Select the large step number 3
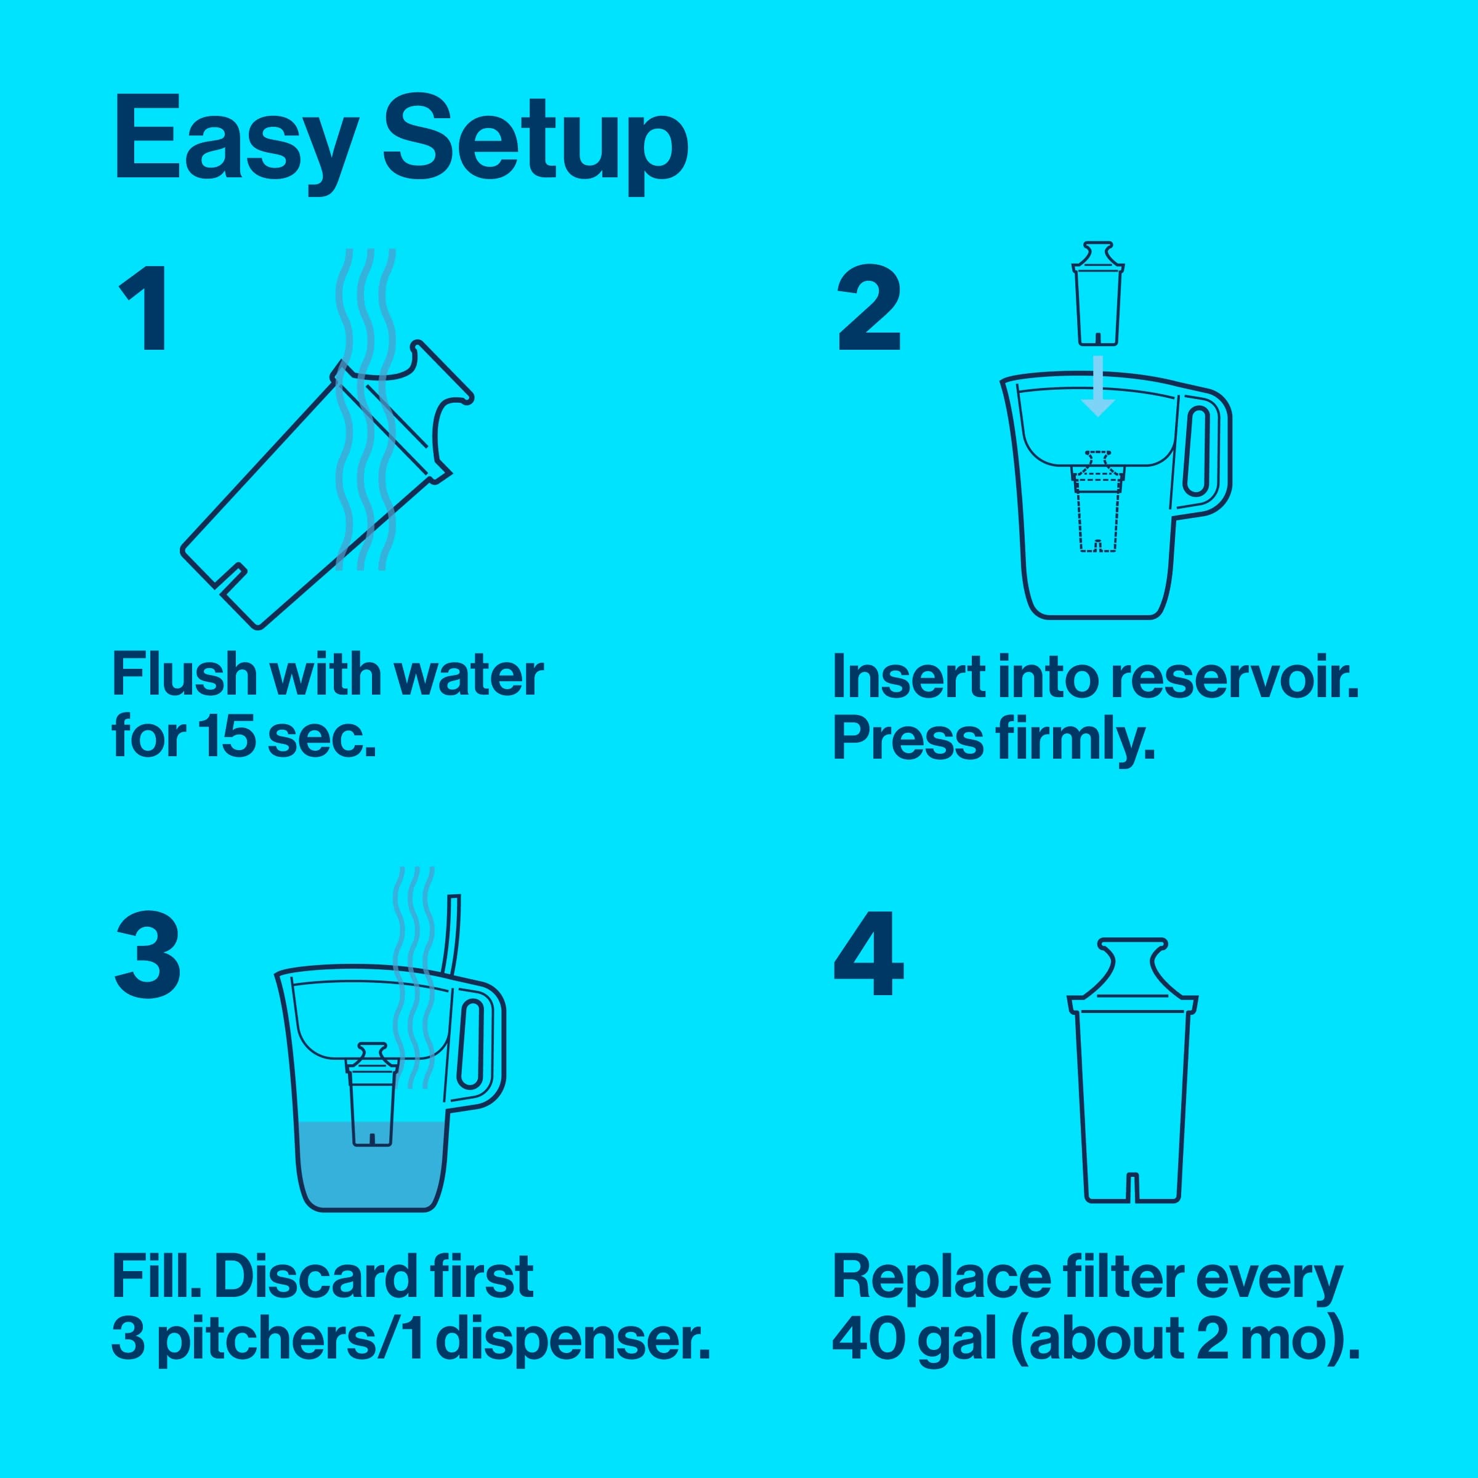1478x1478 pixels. pyautogui.click(x=148, y=956)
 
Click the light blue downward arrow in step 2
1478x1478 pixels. pyautogui.click(x=1098, y=386)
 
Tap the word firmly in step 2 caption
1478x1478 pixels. pyautogui.click(x=1074, y=740)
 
